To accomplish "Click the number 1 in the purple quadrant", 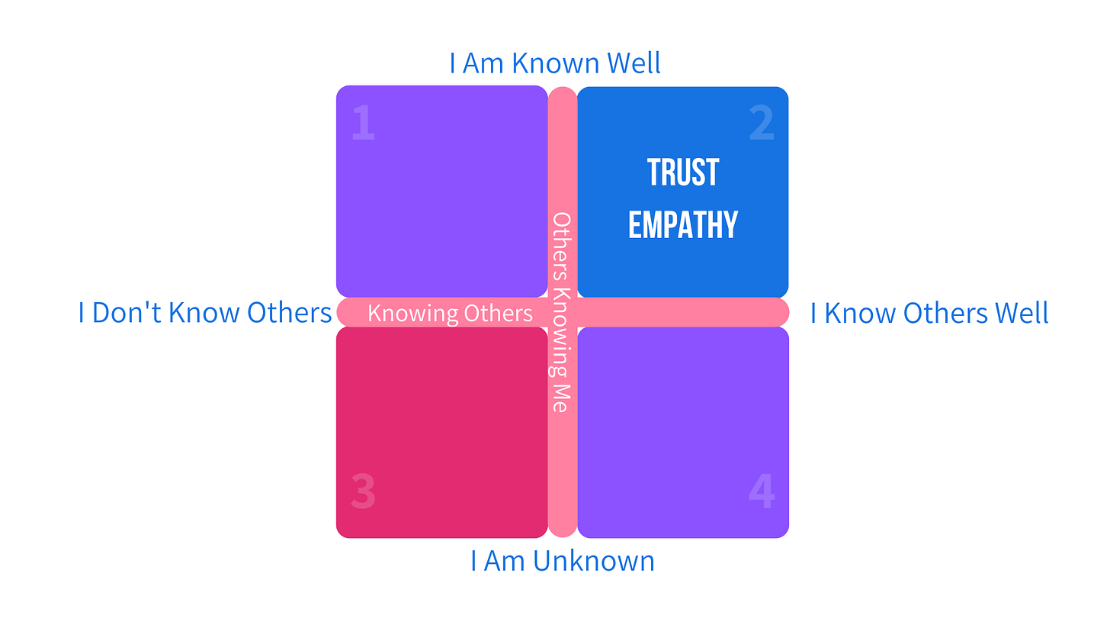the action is pyautogui.click(x=363, y=123).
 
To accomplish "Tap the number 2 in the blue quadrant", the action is pyautogui.click(x=762, y=123).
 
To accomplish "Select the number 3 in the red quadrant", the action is pyautogui.click(x=363, y=491).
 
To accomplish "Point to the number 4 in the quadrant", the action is pyautogui.click(x=762, y=491).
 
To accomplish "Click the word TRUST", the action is pyautogui.click(x=683, y=172).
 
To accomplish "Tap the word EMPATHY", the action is pyautogui.click(x=683, y=224).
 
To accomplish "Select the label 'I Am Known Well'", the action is pyautogui.click(x=555, y=63).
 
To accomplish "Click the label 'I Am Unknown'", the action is pyautogui.click(x=563, y=562).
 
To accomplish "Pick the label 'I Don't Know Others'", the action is pyautogui.click(x=205, y=313).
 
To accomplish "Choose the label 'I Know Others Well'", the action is pyautogui.click(x=929, y=313).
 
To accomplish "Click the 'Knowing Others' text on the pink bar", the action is pyautogui.click(x=450, y=313).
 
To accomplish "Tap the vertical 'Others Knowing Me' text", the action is pyautogui.click(x=562, y=313).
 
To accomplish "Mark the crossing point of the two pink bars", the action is pyautogui.click(x=563, y=312).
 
